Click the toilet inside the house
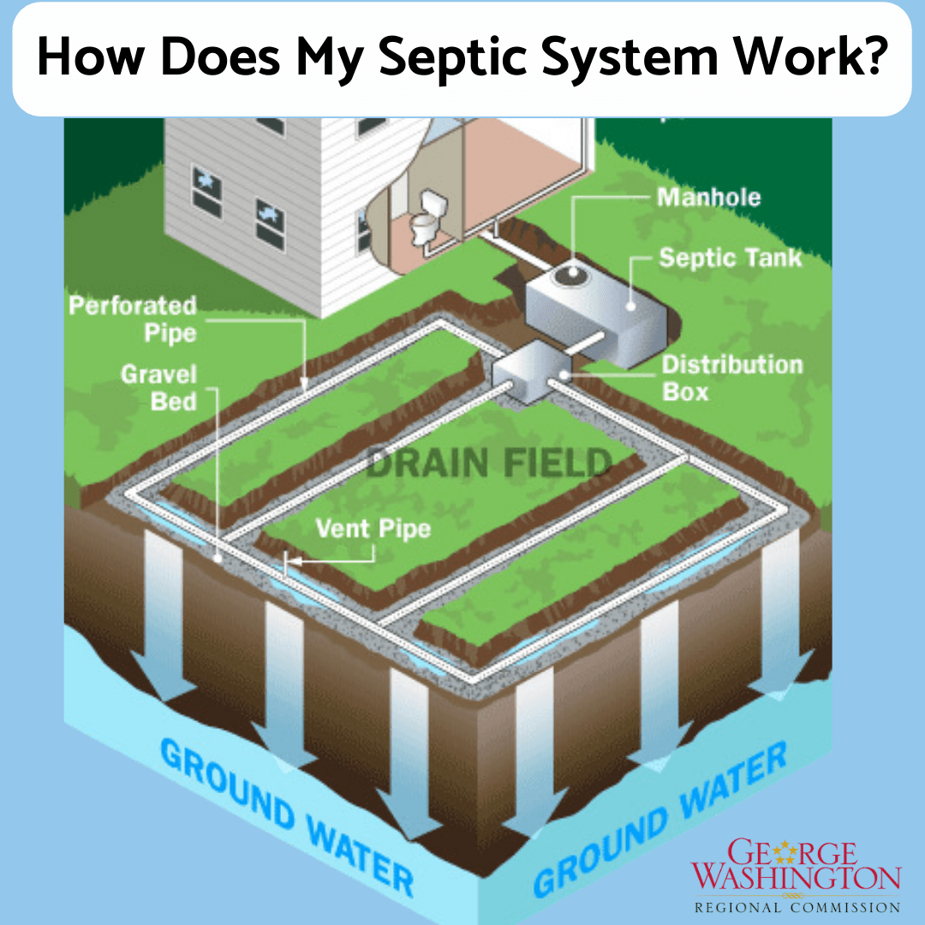425,218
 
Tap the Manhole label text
708,198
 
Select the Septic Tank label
731,258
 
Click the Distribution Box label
732,378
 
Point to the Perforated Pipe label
133,319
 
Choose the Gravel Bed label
158,387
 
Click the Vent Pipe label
373,528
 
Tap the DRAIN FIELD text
489,463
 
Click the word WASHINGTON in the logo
797,878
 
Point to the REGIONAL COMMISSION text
797,906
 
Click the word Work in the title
809,57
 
